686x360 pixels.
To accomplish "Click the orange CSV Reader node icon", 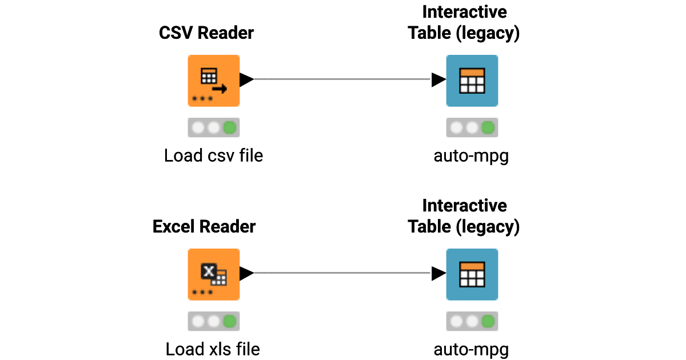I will pos(213,80).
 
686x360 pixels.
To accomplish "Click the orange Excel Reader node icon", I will pos(213,274).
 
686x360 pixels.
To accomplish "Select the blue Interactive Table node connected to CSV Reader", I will pos(472,80).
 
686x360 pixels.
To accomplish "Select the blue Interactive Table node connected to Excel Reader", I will pos(472,274).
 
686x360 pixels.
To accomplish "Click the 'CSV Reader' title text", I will pos(206,33).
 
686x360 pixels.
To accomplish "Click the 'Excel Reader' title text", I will pos(204,227).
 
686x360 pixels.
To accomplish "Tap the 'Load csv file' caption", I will pos(213,155).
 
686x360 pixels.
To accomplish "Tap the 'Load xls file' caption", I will pos(213,349).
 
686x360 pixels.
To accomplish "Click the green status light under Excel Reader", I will pos(230,322).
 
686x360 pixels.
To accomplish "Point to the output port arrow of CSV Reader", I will pos(246,80).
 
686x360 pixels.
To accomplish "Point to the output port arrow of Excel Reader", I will pos(246,274).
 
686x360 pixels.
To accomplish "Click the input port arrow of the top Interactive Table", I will pos(438,80).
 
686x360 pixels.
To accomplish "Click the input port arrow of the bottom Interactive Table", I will pos(438,274).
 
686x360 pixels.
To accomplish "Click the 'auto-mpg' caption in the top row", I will pos(471,155).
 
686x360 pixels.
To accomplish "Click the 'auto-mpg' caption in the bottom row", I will pos(471,349).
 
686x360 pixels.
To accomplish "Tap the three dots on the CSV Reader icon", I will pos(202,99).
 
